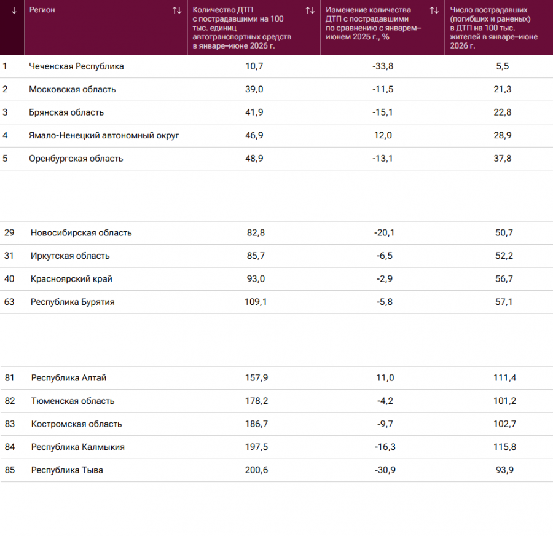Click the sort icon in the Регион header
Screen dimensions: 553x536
177,10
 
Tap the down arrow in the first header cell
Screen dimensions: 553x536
14,10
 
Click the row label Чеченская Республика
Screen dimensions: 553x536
76,66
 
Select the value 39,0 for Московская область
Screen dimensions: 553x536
254,89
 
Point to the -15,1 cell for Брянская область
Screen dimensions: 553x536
383,112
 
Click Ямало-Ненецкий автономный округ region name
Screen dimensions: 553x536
104,135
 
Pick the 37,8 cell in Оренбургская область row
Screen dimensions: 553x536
502,159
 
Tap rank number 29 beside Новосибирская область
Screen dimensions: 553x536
9,232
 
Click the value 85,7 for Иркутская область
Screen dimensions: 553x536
256,256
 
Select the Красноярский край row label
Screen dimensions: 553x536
71,279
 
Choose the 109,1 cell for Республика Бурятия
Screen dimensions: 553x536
256,302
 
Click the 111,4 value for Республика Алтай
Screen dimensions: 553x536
504,378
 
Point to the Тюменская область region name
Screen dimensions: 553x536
73,401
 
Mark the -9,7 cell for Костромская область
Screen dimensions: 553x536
385,424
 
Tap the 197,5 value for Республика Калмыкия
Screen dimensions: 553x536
256,447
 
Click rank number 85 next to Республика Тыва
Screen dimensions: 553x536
10,470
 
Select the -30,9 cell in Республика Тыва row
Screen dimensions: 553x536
385,470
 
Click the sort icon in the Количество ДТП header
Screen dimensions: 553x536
310,10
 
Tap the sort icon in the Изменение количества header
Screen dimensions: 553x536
434,10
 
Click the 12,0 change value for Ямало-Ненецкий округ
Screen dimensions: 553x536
383,135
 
